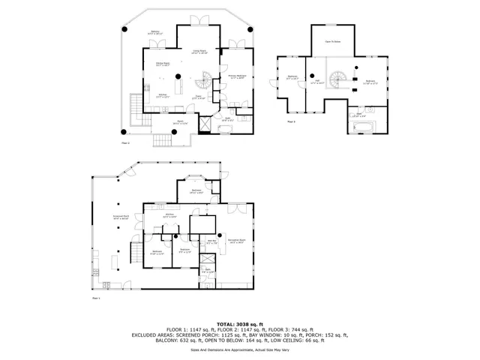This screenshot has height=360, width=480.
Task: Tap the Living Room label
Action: pos(199,52)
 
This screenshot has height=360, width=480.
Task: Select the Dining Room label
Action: pos(163,64)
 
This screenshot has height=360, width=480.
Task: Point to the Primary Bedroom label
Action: pos(238,77)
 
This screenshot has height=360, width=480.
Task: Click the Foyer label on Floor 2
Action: pos(199,97)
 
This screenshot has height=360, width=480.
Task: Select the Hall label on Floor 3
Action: pos(318,82)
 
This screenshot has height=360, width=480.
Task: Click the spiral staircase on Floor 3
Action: pos(341,78)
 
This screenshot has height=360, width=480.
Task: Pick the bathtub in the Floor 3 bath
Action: pos(361,128)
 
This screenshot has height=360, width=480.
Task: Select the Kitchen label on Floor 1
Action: pos(170,215)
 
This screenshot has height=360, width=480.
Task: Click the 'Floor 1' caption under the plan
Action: pos(95,298)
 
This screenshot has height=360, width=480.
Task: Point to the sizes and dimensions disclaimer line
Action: pos(239,349)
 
